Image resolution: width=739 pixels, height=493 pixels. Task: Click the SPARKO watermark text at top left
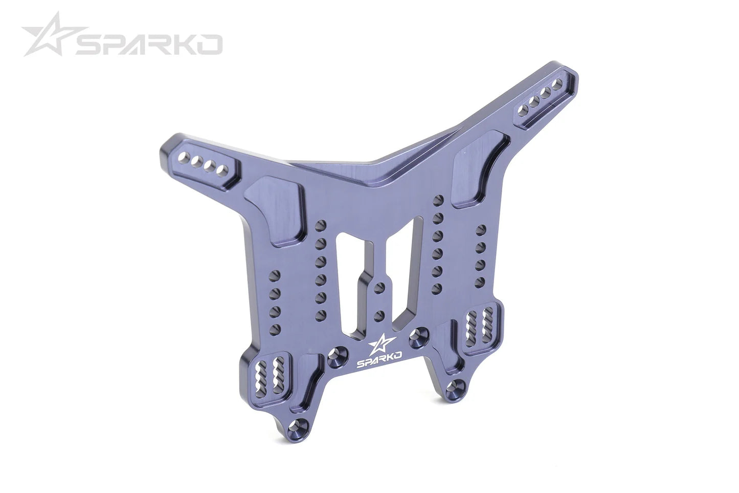pyautogui.click(x=148, y=45)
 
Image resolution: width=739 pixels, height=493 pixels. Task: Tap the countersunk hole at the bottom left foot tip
pyautogui.click(x=299, y=425)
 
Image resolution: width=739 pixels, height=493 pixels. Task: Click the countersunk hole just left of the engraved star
pyautogui.click(x=338, y=354)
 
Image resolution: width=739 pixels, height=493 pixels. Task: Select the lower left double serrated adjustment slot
pyautogui.click(x=272, y=378)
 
